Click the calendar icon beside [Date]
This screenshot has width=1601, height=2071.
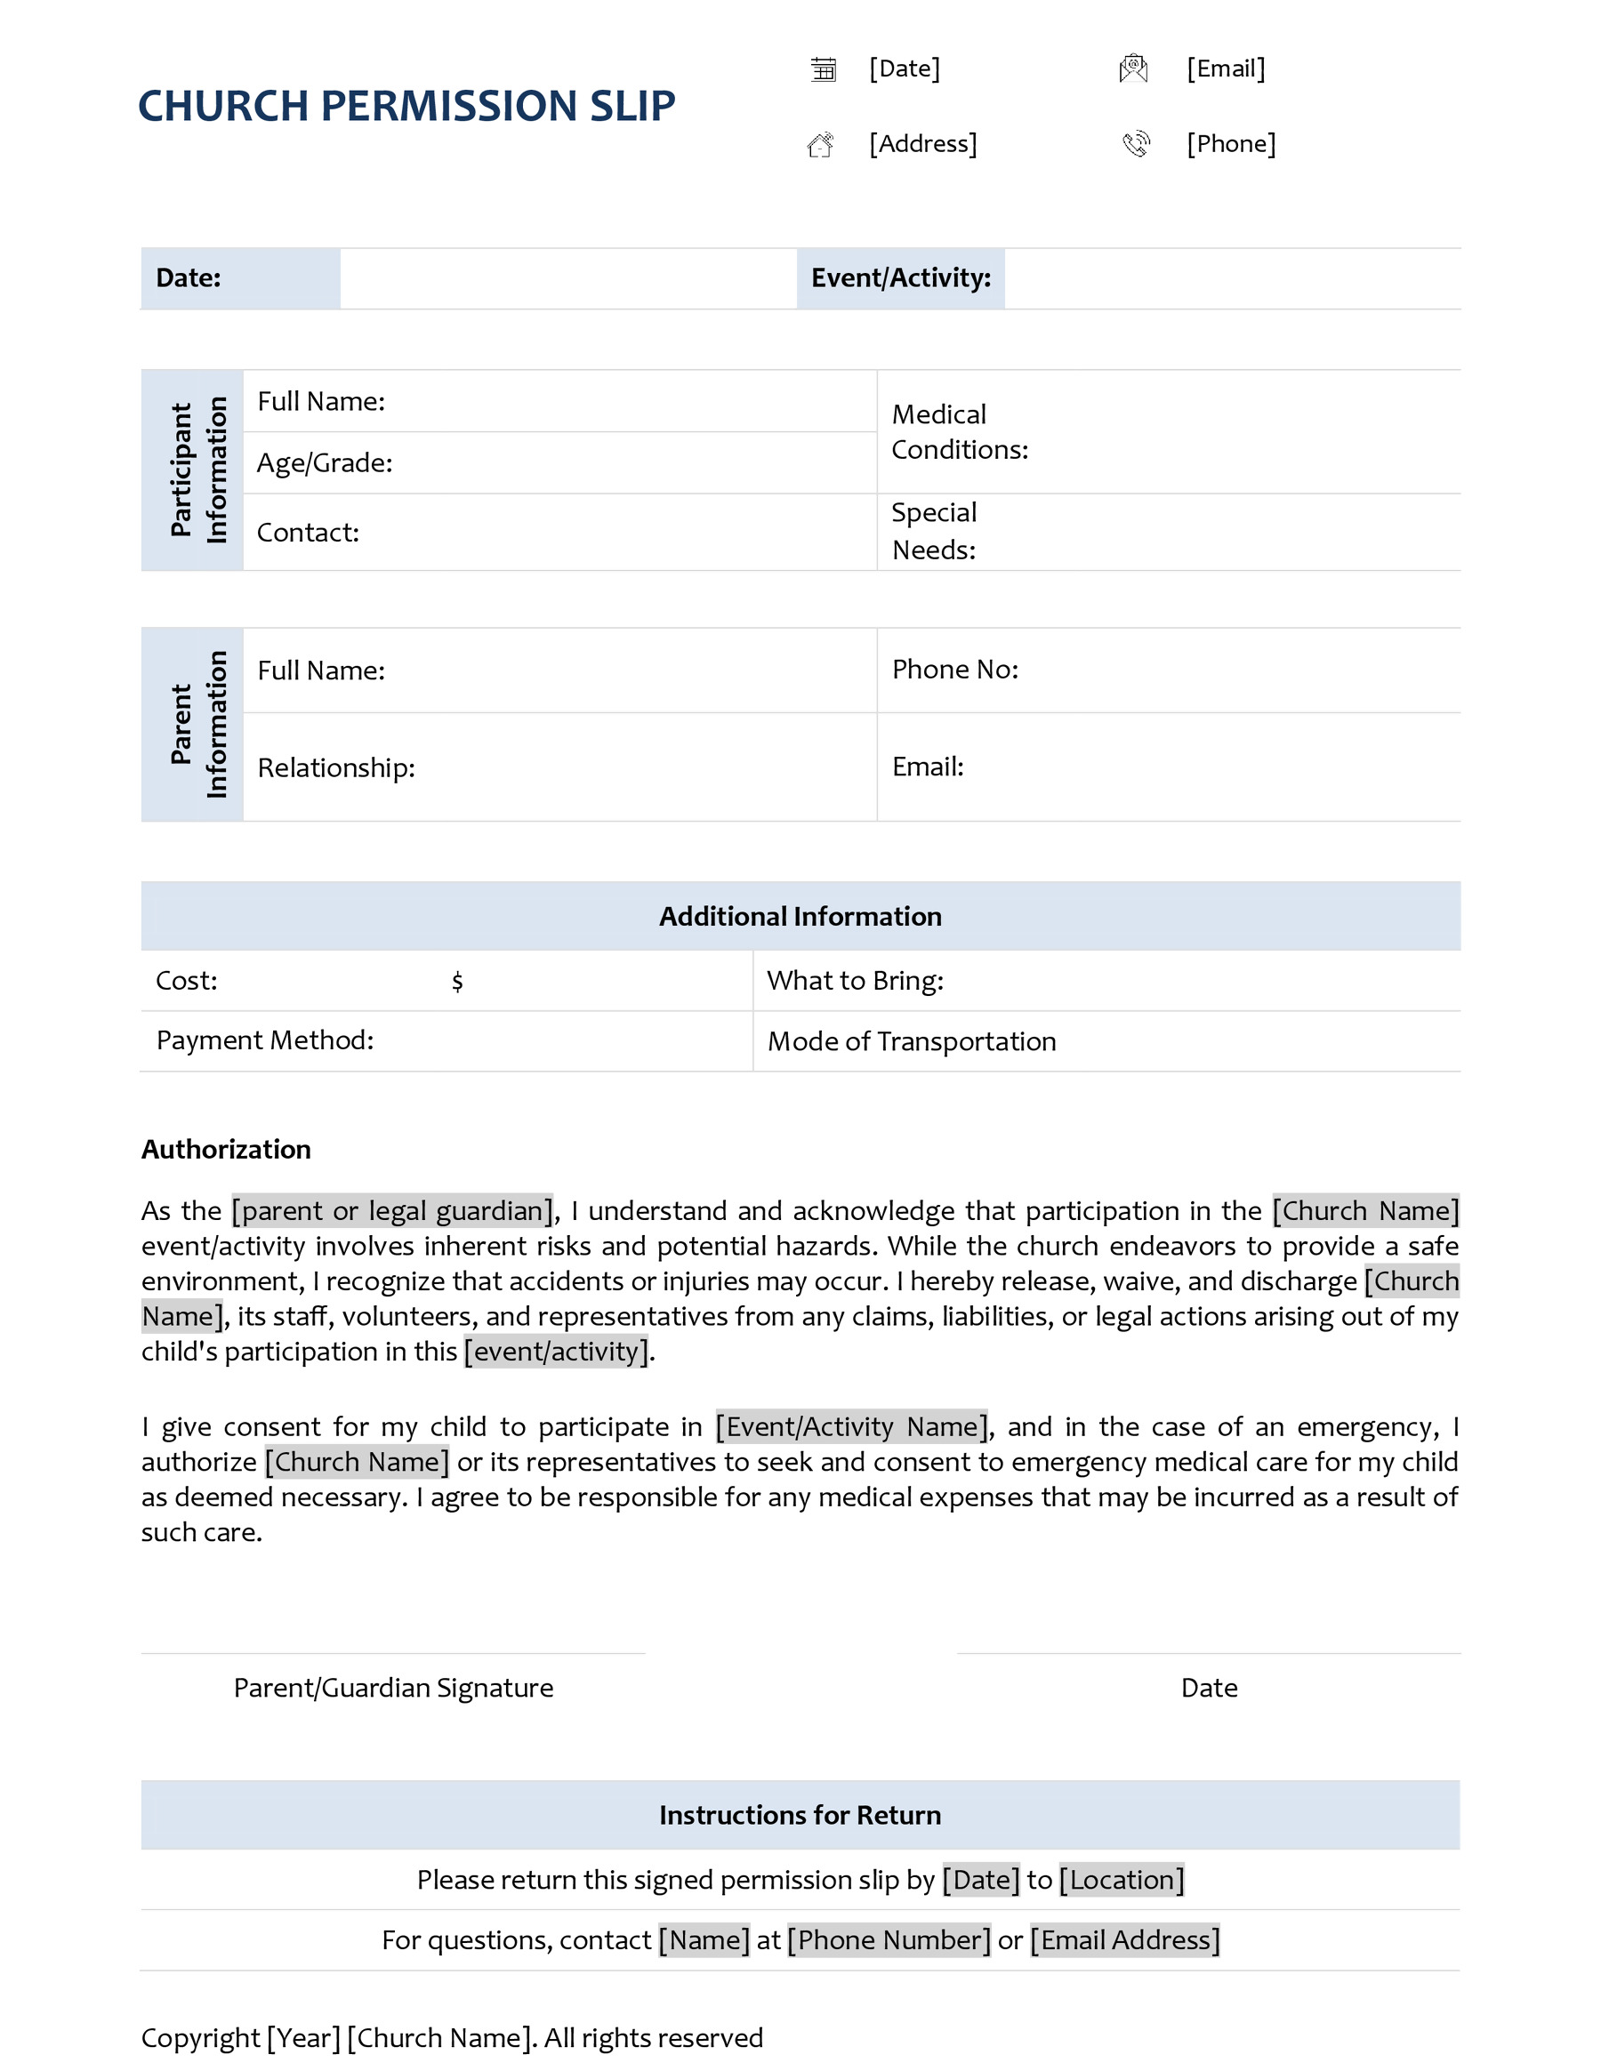pos(824,69)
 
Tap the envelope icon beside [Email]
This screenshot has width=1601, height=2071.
pos(1133,68)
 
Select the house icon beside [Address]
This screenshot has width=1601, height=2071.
pos(821,144)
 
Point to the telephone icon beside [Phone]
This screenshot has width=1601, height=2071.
pos(1135,144)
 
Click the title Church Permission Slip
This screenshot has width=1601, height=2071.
pos(406,105)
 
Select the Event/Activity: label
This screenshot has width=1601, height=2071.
pos(900,277)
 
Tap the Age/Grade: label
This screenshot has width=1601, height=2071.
pos(325,462)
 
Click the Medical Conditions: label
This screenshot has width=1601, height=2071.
pos(959,431)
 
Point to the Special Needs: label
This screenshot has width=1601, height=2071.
pos(933,531)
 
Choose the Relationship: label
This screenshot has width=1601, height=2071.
pos(335,767)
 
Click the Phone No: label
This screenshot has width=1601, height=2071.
pos(954,670)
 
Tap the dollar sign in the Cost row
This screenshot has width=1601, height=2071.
pos(457,982)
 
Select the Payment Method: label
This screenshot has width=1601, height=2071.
pos(265,1040)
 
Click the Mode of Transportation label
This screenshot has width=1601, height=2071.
pos(911,1041)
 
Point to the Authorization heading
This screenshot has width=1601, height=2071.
pos(226,1149)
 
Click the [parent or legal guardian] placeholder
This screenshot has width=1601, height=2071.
pos(392,1211)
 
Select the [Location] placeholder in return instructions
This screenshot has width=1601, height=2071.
pos(1121,1880)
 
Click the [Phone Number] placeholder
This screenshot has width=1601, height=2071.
pos(889,1940)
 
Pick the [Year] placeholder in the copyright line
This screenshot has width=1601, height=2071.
pos(302,2038)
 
